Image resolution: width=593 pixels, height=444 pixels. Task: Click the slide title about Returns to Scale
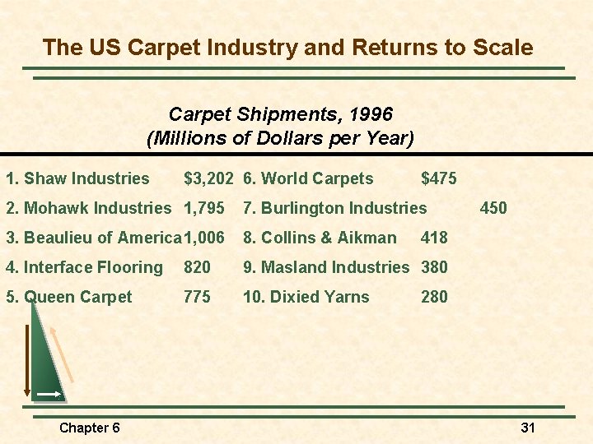point(287,47)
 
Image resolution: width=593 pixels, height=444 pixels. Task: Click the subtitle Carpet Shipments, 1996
point(280,113)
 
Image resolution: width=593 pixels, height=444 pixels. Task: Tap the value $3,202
point(209,178)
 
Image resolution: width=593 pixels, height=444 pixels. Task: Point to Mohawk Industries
point(88,208)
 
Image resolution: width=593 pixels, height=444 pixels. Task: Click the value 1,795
point(204,208)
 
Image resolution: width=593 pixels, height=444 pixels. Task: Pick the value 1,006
point(204,238)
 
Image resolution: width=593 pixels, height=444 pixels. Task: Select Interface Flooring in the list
point(84,267)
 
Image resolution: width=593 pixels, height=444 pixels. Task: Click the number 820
point(197,267)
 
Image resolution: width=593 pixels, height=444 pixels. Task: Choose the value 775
point(197,297)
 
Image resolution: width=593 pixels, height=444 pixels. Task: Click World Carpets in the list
point(308,178)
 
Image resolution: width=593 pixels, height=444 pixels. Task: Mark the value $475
point(438,178)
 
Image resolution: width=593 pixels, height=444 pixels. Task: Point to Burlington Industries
point(334,208)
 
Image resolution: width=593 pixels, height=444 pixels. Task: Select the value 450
point(493,208)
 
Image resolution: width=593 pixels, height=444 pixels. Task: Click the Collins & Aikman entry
point(320,238)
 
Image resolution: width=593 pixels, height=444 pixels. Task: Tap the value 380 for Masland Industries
point(434,267)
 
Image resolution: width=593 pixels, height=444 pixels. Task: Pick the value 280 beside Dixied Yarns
point(434,297)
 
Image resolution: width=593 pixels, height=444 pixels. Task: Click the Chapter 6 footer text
point(90,428)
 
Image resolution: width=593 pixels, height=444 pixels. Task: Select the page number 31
point(528,428)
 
